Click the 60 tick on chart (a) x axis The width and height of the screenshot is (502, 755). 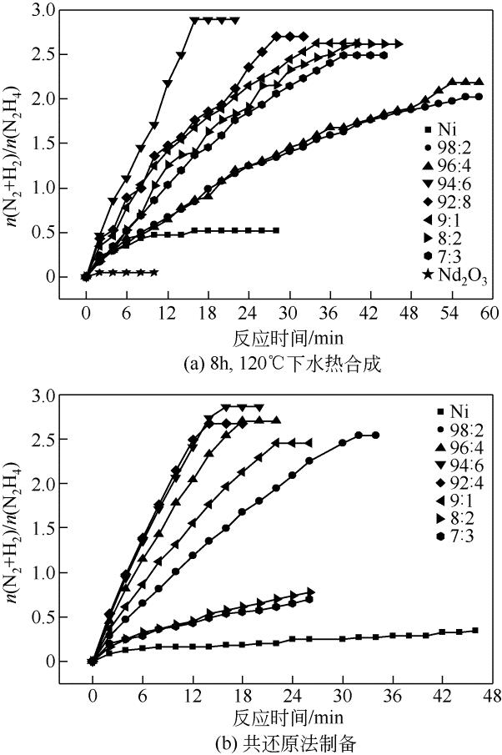pos(488,313)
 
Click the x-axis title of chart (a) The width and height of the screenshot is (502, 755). pos(286,338)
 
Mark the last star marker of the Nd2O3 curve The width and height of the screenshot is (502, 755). pos(154,272)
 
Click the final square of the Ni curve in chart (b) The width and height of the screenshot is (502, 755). pos(475,631)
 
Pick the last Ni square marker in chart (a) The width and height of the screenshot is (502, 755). pos(276,230)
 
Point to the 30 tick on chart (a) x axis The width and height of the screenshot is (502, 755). pos(286,313)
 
